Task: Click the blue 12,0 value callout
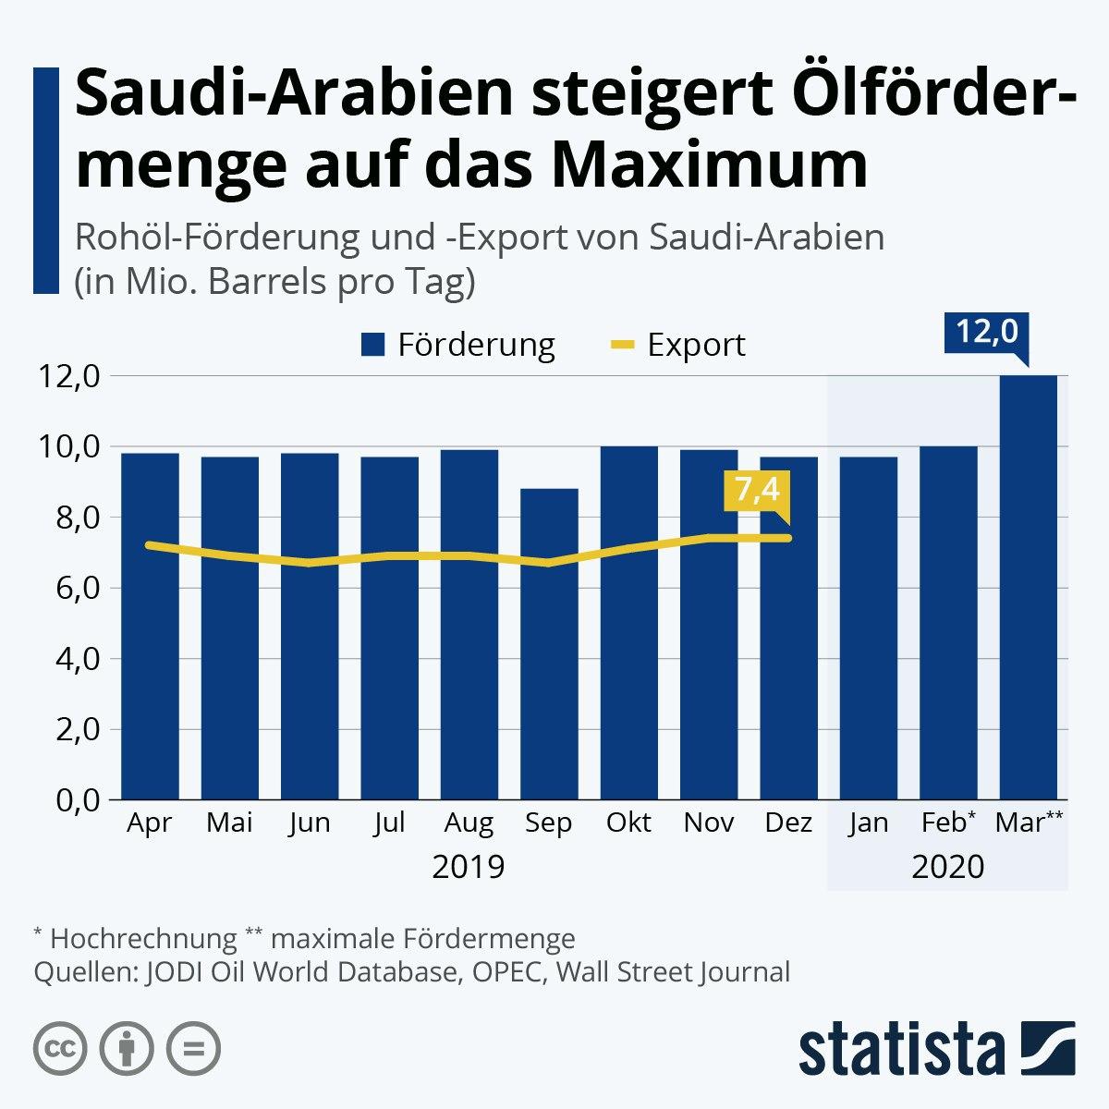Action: tap(986, 332)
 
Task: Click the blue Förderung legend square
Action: tap(373, 345)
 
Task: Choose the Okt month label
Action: tap(629, 823)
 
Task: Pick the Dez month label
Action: tap(789, 823)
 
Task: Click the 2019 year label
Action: tap(469, 867)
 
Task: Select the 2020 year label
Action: tap(948, 867)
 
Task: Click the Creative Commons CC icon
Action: tap(61, 1048)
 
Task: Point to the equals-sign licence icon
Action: tap(194, 1048)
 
